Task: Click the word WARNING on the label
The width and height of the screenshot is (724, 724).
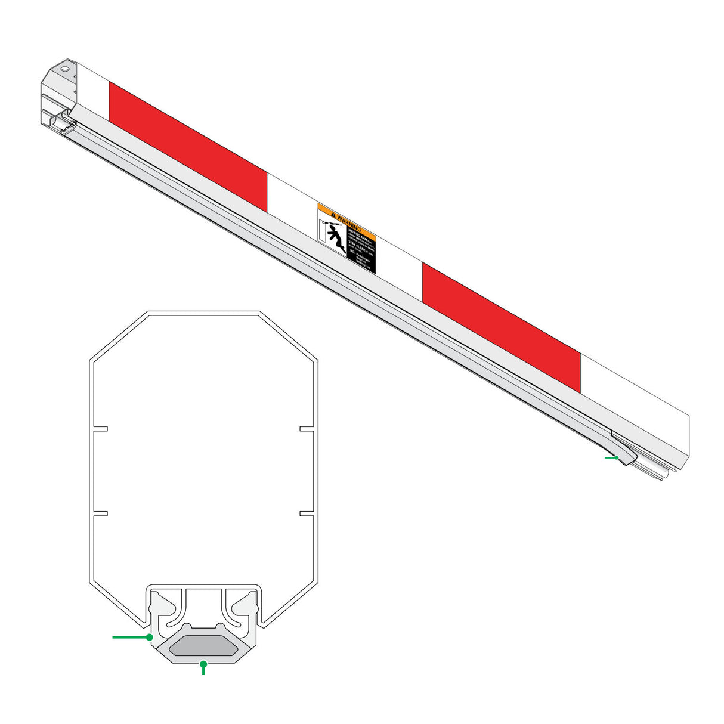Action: tap(349, 222)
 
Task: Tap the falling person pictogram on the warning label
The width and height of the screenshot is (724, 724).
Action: tap(336, 239)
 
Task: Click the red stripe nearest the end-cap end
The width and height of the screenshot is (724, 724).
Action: tap(188, 146)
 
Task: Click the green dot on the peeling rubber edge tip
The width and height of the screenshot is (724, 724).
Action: tap(617, 458)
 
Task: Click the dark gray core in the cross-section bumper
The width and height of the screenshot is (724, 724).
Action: tap(203, 646)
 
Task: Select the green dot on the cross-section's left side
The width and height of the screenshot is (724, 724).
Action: tap(149, 637)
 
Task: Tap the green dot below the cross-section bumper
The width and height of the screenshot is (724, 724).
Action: tap(203, 663)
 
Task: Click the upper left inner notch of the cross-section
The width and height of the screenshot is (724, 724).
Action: tap(100, 428)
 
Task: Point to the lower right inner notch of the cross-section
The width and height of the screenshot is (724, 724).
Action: tap(307, 513)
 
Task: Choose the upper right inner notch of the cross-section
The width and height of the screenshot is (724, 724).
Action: tap(307, 428)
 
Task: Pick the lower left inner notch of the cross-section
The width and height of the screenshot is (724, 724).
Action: tap(100, 513)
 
